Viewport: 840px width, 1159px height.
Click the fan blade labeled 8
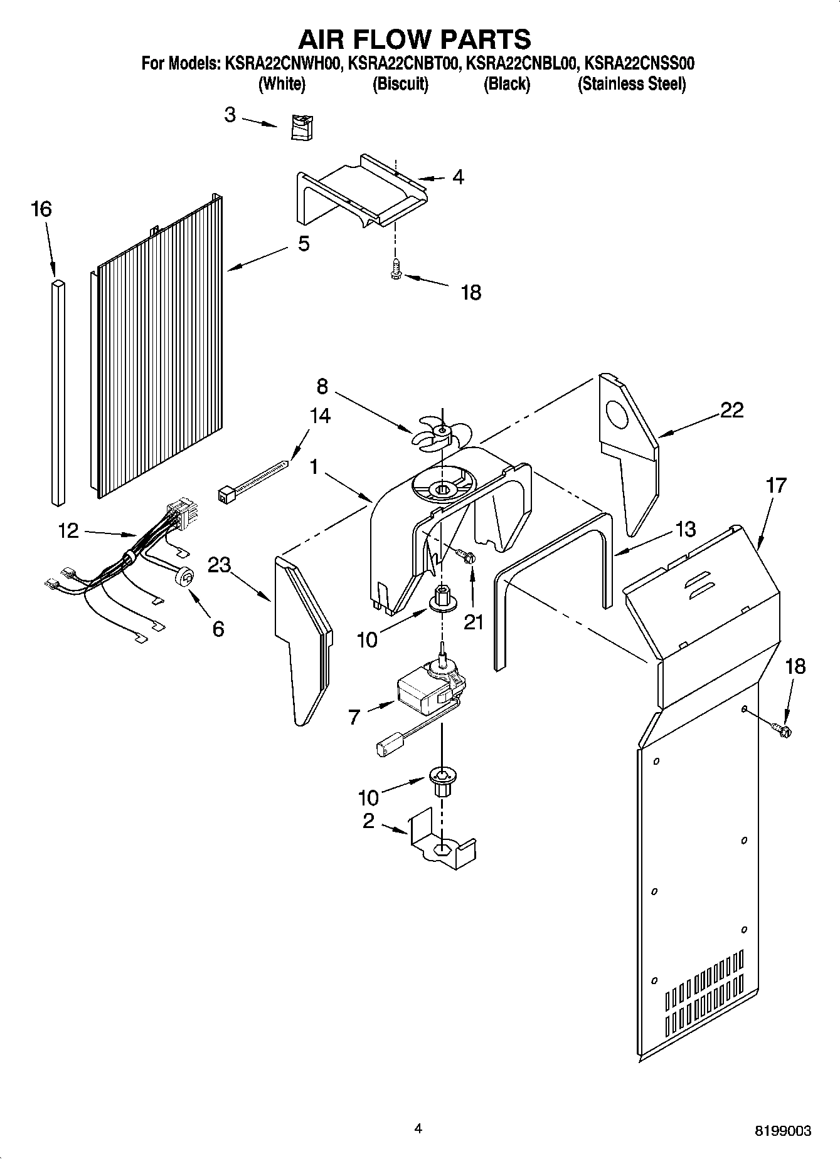[x=440, y=433]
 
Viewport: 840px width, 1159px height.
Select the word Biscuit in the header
[x=400, y=83]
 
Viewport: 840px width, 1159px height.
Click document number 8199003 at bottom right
[x=782, y=1131]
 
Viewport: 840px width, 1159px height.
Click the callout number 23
[x=220, y=565]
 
